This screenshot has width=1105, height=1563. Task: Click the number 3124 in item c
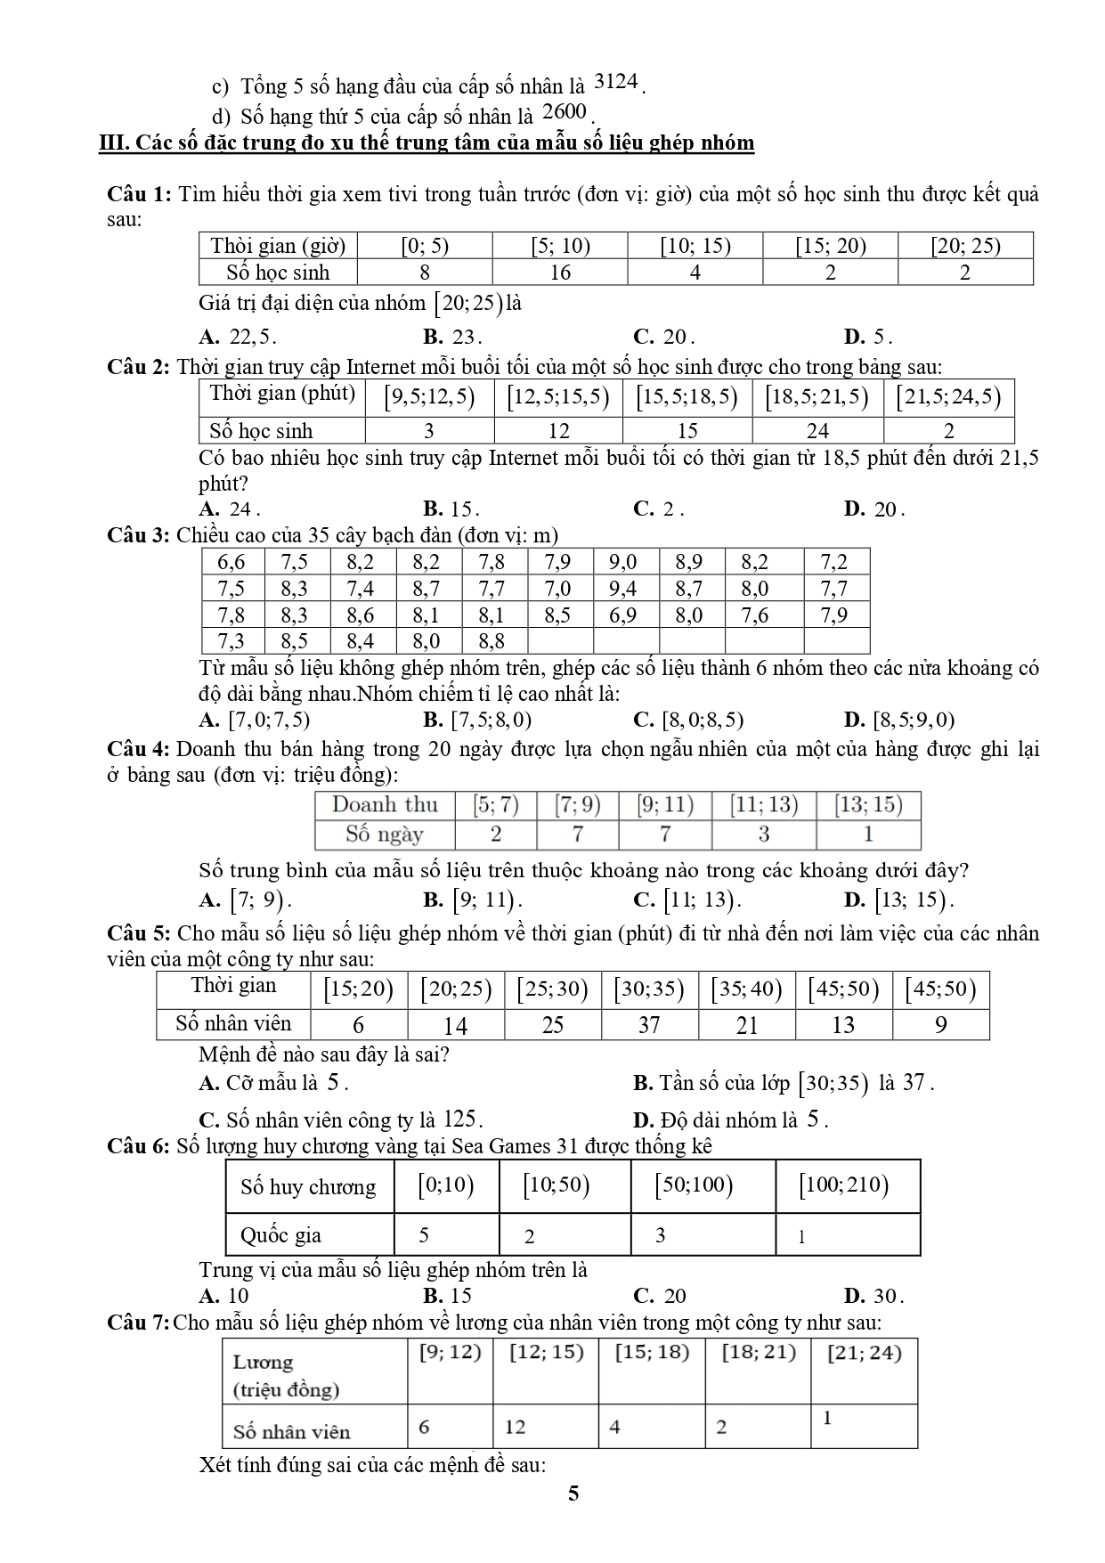(x=615, y=82)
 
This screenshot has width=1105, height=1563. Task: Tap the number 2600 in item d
(x=565, y=111)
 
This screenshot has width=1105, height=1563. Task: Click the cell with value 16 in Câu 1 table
(x=559, y=273)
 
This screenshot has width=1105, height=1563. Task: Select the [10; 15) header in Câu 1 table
(x=695, y=246)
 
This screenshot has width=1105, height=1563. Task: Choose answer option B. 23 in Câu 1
(x=452, y=338)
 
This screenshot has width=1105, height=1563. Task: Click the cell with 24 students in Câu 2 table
(x=817, y=431)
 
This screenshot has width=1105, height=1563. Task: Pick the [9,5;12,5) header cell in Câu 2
(x=429, y=396)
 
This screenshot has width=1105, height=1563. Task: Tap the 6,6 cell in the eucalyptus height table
(x=231, y=562)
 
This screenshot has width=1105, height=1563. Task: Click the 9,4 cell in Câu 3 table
(x=622, y=589)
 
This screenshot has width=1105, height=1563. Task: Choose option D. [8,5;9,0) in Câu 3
(x=898, y=720)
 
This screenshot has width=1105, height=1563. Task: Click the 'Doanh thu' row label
(x=385, y=805)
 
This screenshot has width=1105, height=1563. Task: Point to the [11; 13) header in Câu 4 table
(x=763, y=805)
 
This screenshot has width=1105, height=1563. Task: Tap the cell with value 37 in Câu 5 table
(x=649, y=1025)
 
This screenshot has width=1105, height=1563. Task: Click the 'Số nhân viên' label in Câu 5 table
(x=233, y=1023)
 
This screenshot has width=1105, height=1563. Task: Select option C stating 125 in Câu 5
(x=341, y=1120)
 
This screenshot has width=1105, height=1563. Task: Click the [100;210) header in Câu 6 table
(x=844, y=1185)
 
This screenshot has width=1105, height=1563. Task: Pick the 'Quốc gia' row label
(x=280, y=1235)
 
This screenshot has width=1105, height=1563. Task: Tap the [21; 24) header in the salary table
(x=864, y=1353)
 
